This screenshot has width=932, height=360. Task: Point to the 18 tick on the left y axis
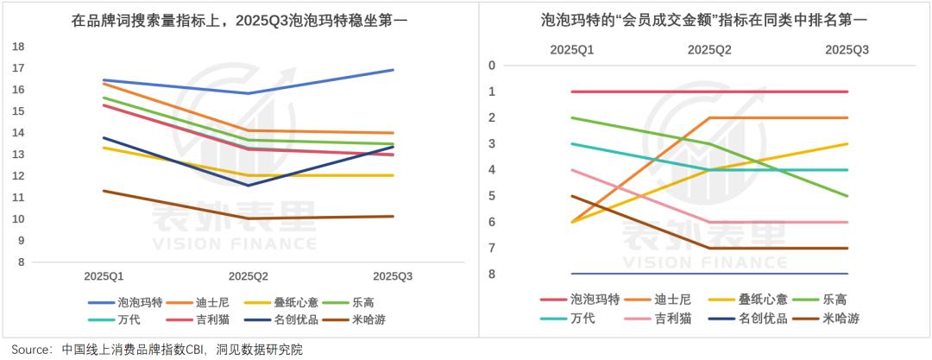18,46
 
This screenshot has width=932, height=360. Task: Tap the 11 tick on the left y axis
18,198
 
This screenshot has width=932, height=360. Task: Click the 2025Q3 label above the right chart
847,50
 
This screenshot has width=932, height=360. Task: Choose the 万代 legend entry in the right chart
583,319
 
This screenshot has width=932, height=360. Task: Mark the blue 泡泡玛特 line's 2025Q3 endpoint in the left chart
394,70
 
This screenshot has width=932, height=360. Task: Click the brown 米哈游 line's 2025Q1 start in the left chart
104,191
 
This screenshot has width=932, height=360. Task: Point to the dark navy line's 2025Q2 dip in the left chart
249,186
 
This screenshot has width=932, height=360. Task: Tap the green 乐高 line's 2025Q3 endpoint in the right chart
847,196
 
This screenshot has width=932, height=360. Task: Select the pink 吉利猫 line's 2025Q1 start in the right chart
573,170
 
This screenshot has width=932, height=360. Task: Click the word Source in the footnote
28,350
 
